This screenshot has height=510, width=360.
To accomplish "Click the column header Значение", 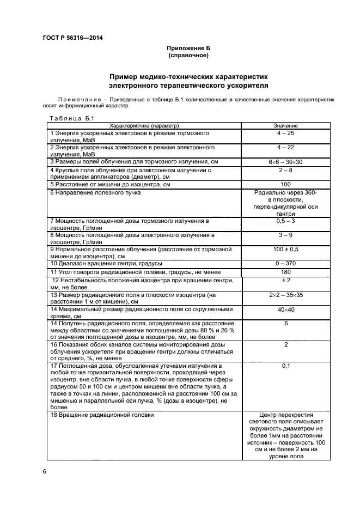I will point(285,126).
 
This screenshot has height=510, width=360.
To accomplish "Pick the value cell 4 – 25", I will point(285,133).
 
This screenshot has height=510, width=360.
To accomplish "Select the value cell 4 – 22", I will point(285,148).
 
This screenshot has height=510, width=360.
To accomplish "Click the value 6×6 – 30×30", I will point(285,162).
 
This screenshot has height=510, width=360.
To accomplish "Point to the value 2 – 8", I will point(285,170).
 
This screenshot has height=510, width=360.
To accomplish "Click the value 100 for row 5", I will point(285,185).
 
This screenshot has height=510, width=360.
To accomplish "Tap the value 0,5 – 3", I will point(285,221).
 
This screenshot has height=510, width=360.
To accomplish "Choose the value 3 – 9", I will point(285,235).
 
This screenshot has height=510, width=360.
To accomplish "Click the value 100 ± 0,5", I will point(285,249).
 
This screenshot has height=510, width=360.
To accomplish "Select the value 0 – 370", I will point(285,264).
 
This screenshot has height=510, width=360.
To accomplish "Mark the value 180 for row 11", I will point(285,271).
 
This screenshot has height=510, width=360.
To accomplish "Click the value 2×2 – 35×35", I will point(285,294).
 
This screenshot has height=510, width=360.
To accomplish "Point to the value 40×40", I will point(285,309).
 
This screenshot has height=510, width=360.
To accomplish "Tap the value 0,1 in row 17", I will point(285,366).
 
